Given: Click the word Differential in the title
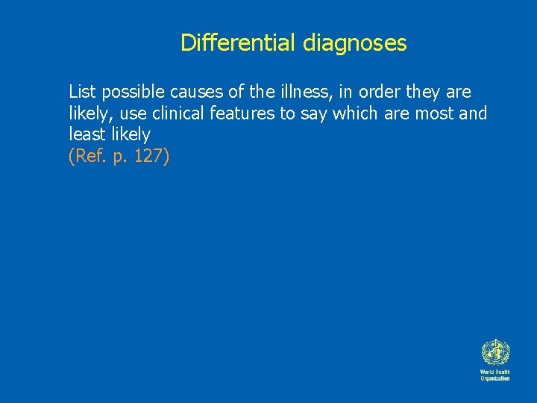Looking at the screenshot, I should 239,43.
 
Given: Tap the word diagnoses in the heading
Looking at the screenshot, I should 355,43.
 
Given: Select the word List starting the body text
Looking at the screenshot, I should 82,92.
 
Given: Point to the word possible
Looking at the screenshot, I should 133,93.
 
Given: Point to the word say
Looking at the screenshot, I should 313,114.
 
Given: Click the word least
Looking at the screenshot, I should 86,134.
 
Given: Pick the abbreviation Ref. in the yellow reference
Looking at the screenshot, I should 88,156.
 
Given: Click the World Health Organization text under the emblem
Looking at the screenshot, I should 494,375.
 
